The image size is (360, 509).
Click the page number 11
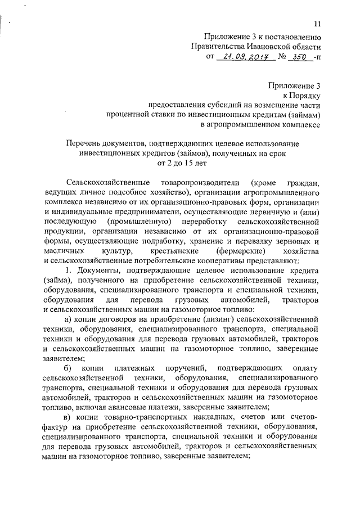click(x=318, y=23)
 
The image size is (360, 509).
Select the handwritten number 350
click(x=301, y=57)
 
